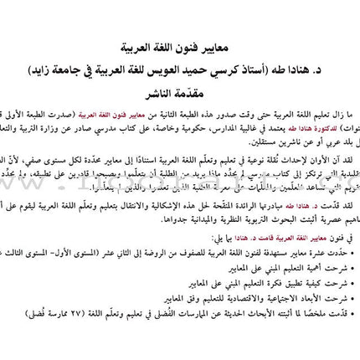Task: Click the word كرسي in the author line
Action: [244, 69]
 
